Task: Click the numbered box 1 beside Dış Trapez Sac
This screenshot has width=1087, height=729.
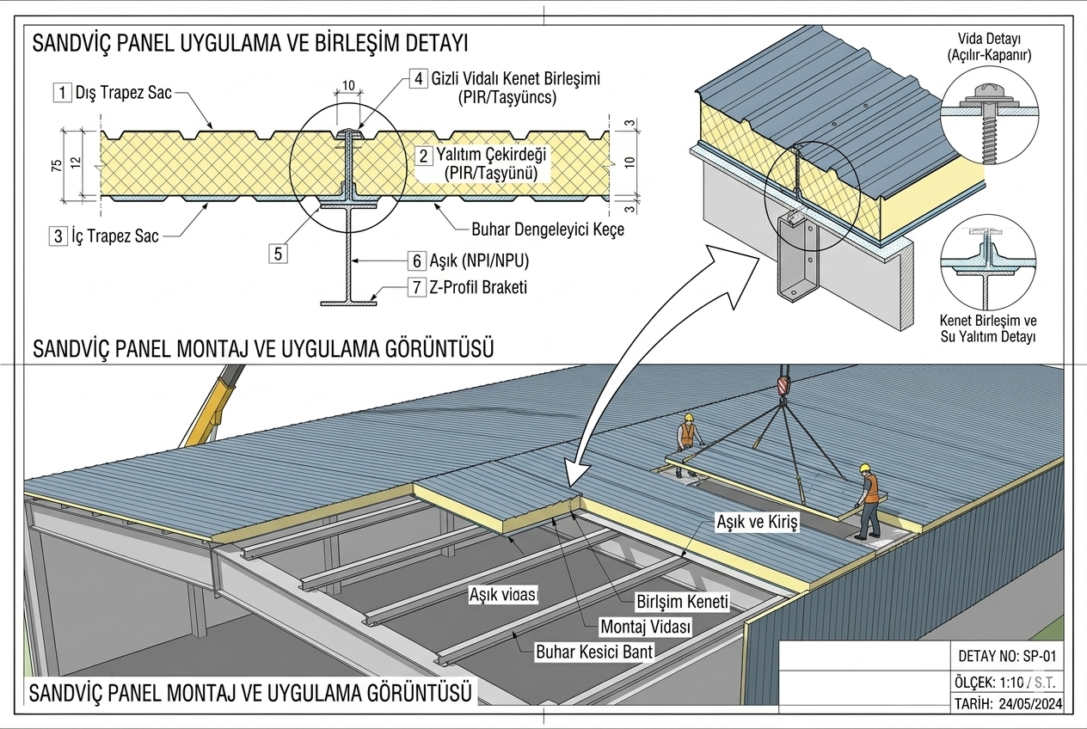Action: pyautogui.click(x=61, y=92)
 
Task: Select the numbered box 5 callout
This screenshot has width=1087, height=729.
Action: pyautogui.click(x=277, y=253)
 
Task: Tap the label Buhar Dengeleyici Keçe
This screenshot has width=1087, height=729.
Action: pyautogui.click(x=548, y=230)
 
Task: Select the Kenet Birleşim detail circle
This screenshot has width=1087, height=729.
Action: pyautogui.click(x=988, y=264)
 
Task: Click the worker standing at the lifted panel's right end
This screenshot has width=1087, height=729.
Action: pyautogui.click(x=870, y=499)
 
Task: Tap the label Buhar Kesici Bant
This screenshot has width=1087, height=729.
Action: pyautogui.click(x=594, y=651)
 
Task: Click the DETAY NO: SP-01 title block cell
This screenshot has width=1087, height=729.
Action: pyautogui.click(x=1005, y=656)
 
